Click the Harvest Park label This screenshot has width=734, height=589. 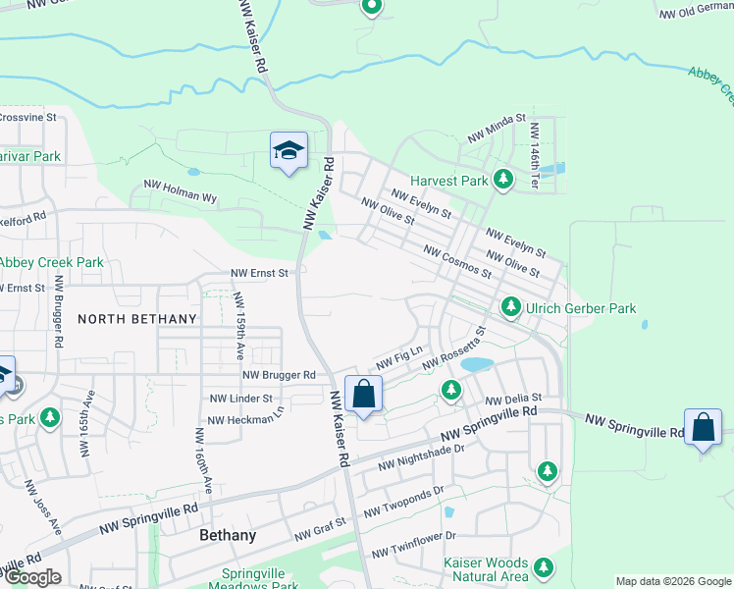(448, 182)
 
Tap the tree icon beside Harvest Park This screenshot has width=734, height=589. (503, 180)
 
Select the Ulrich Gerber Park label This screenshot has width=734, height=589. (581, 308)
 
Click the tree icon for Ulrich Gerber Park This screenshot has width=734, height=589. (510, 307)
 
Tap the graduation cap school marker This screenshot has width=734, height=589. (288, 151)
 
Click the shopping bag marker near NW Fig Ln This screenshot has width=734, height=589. (363, 395)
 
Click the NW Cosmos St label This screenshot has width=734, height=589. (456, 261)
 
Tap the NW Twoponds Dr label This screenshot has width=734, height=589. (403, 501)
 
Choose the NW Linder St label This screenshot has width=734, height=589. (240, 399)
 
